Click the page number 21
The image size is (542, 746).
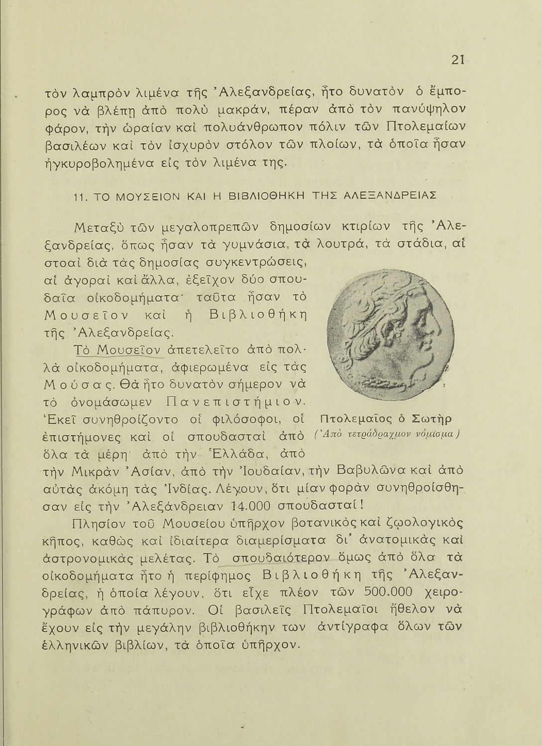(x=457, y=60)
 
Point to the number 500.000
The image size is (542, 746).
(x=388, y=592)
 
